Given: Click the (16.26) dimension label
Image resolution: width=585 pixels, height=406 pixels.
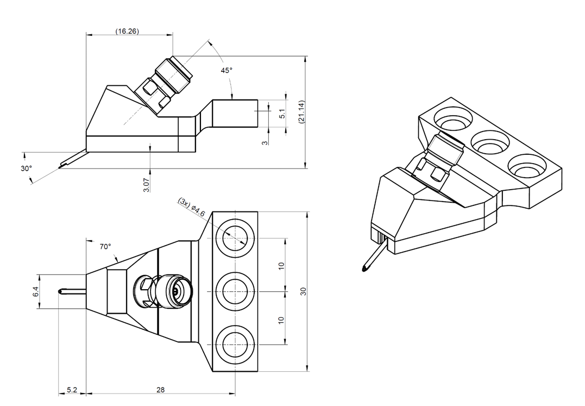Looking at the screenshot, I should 127,32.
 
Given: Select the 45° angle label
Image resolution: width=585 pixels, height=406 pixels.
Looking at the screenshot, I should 226,71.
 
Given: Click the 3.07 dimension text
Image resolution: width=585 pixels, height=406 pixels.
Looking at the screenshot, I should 146,184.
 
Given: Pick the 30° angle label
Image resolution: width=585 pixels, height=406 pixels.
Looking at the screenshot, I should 26,168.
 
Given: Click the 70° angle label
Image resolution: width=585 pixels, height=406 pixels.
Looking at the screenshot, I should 105,247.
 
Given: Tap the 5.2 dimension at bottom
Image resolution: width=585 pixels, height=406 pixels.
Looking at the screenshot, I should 72,390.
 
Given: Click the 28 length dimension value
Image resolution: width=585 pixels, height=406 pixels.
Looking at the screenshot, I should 160,390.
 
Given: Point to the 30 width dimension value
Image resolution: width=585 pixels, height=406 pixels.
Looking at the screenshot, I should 304,292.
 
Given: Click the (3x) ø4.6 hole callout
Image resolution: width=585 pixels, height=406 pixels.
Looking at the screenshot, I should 192,208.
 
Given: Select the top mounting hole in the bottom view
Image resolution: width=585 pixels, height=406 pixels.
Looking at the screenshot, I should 235,238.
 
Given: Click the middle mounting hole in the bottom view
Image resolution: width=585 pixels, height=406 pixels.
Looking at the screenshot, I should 235,291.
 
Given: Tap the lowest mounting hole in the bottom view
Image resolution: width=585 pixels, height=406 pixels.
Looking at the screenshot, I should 235,344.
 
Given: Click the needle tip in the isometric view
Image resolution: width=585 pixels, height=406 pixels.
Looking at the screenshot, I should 363,268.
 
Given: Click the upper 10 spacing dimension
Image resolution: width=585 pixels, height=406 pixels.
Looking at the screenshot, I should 281,266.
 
